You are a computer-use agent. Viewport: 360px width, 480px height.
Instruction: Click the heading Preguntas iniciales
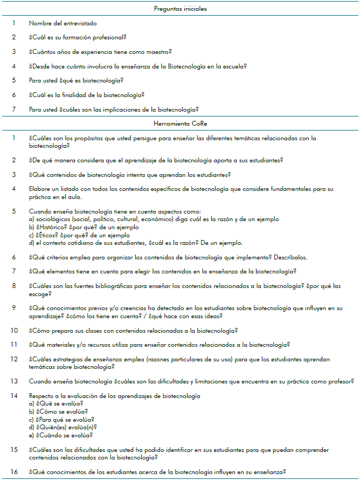(180, 9)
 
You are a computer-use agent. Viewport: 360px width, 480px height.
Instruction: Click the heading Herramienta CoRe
(180, 124)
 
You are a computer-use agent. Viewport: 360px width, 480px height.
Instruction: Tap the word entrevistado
(81, 23)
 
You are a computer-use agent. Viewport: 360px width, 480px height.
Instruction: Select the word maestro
(158, 52)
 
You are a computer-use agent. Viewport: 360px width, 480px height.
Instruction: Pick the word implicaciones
(119, 109)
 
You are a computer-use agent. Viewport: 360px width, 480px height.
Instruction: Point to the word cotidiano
(79, 243)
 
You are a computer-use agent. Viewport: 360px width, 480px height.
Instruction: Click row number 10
(14, 330)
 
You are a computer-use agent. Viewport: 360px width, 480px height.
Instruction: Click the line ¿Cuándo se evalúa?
(60, 435)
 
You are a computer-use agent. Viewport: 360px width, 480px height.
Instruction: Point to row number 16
(14, 471)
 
